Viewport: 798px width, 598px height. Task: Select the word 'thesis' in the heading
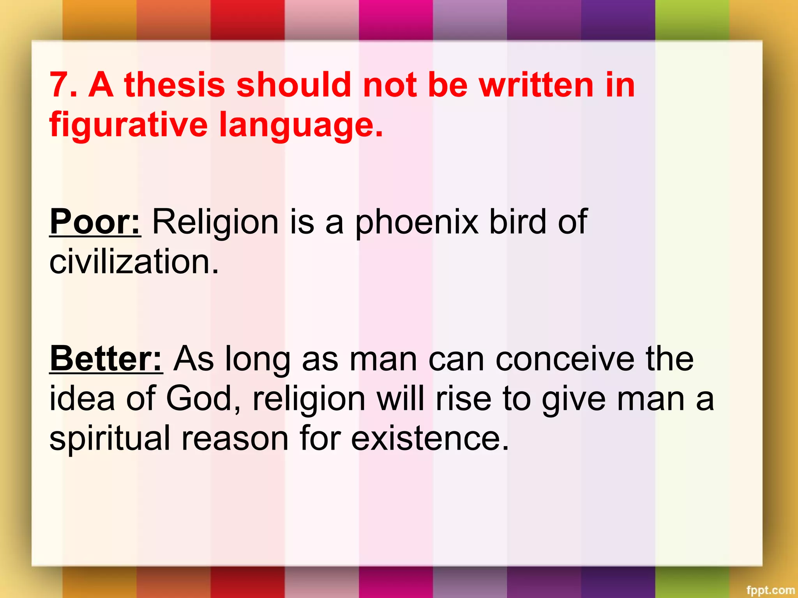click(175, 85)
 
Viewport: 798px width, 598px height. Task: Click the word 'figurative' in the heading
click(129, 125)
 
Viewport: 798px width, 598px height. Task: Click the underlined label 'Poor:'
click(95, 222)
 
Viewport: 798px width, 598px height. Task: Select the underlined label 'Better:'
click(106, 359)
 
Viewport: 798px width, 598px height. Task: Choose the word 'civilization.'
click(134, 262)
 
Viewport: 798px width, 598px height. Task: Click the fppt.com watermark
click(770, 590)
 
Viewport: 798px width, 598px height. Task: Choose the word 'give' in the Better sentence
click(574, 399)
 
